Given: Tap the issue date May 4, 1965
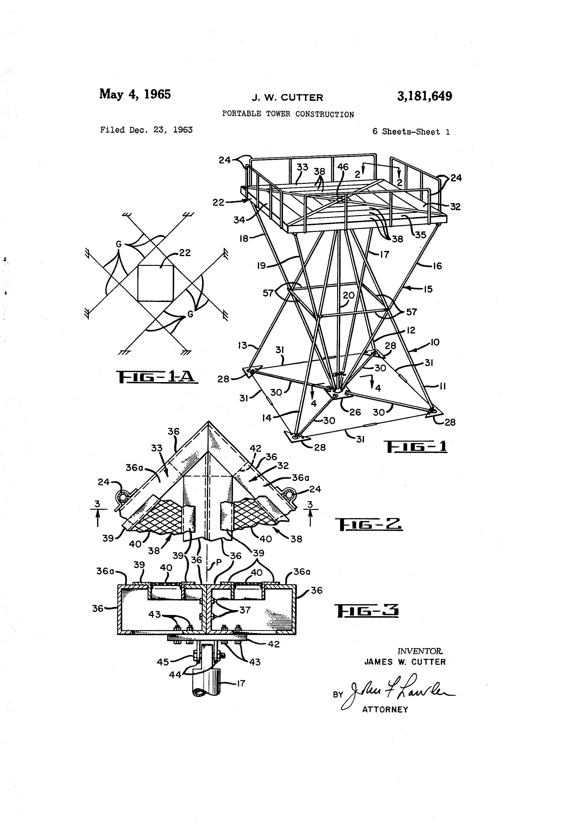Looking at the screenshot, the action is point(135,94).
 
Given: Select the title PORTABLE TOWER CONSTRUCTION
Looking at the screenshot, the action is point(288,114).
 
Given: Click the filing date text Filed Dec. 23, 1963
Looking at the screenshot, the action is point(146,130).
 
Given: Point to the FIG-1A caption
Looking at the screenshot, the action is point(157,377).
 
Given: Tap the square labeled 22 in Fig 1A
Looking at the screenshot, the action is point(156,283).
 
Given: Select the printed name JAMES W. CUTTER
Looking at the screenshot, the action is point(405,662).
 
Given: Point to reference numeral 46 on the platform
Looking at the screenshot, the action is point(343,167).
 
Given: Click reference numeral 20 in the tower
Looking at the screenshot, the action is point(348,295).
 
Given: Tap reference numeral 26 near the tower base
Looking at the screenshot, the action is point(355,412).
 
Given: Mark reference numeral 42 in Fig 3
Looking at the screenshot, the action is point(274,644).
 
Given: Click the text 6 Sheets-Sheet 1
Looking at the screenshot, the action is point(411,132).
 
